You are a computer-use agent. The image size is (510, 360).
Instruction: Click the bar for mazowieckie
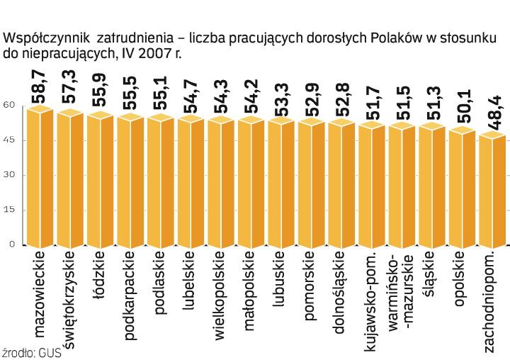[40, 177]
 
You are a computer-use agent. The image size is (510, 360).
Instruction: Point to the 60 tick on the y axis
[8, 105]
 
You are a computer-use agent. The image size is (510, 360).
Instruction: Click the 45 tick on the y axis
[8, 140]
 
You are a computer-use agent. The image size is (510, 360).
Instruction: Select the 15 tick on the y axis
[8, 210]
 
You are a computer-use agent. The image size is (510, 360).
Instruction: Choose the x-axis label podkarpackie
[130, 291]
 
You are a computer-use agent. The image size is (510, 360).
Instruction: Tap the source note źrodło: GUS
[32, 352]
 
